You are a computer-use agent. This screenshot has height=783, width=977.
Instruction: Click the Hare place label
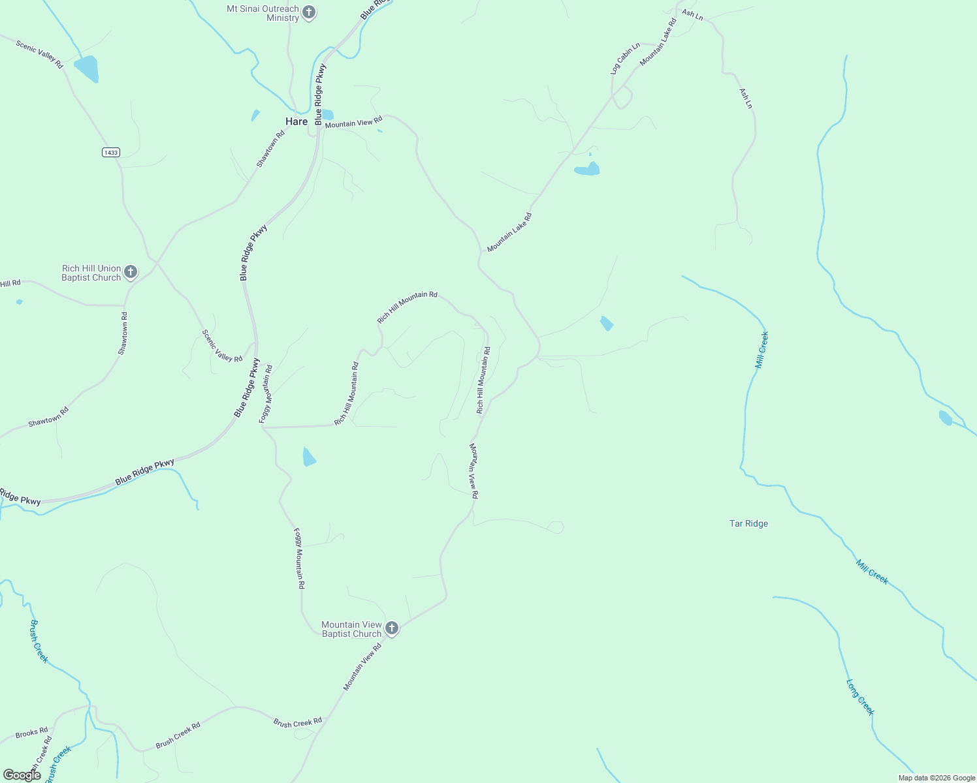tap(296, 121)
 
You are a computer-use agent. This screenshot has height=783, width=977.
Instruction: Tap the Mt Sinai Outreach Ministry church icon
tap(309, 12)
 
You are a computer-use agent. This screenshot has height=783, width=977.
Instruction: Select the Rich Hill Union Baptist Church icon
tap(131, 271)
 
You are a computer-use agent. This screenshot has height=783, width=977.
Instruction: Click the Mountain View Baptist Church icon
tap(392, 628)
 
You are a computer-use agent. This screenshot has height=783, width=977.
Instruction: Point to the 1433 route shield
tap(111, 152)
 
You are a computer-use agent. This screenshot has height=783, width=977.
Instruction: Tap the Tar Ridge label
tap(748, 523)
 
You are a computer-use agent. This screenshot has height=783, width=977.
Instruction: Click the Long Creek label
tap(859, 698)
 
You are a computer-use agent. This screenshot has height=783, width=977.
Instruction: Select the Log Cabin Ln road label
tap(625, 59)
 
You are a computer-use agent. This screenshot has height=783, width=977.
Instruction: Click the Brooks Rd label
tap(31, 733)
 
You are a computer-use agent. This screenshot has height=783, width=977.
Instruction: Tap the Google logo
tap(22, 775)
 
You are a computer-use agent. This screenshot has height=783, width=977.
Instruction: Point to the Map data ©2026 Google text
tap(937, 778)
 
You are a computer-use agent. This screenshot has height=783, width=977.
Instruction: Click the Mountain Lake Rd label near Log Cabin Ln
tap(658, 42)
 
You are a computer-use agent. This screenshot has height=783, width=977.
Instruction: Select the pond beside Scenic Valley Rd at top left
tap(86, 69)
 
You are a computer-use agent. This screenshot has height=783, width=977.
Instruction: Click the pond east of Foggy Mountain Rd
tap(309, 457)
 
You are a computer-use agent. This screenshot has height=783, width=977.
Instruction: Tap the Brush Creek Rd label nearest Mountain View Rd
tap(298, 722)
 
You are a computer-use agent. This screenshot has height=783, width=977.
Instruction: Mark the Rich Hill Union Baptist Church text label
tap(91, 273)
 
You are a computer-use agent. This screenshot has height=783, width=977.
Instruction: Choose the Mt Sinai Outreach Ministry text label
tap(263, 13)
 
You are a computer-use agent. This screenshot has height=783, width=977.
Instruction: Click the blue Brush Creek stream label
tap(39, 641)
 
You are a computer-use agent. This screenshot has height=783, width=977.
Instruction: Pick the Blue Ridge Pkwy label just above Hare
tap(319, 95)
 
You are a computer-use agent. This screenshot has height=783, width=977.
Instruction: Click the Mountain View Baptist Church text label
tap(351, 629)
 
